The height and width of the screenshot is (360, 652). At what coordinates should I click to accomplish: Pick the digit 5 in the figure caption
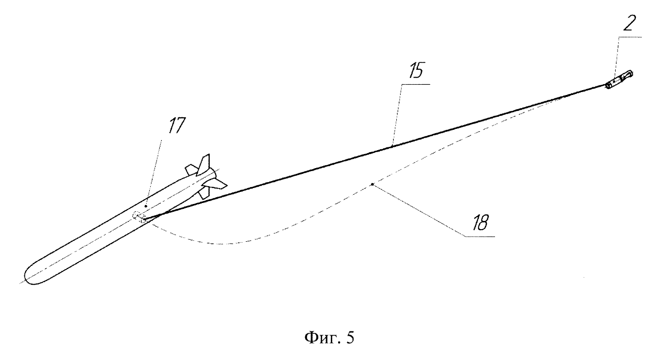(350, 336)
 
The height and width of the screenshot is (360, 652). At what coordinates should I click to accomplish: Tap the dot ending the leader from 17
(145, 206)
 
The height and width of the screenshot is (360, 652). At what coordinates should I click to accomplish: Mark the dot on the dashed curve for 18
(372, 184)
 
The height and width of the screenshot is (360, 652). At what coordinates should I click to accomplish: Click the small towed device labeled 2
(619, 78)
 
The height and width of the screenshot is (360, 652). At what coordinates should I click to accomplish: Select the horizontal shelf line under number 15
(415, 84)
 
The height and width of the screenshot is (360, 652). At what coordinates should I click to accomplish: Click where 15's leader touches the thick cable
(392, 144)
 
